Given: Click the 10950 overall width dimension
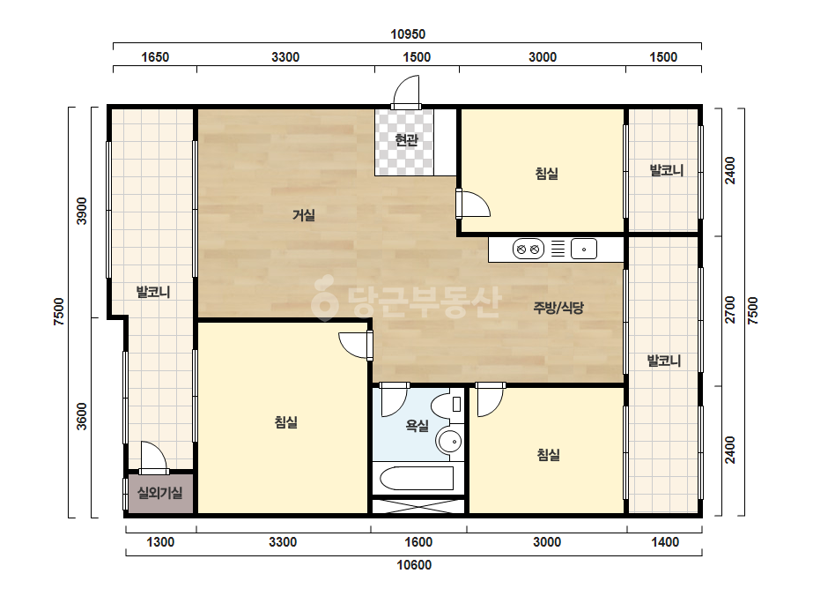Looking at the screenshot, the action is point(408,34).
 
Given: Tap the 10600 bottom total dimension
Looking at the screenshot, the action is point(414,565).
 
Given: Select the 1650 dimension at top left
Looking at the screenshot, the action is point(155,57).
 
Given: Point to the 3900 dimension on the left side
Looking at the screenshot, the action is point(82,211).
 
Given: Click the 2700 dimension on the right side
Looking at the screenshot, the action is point(730,309).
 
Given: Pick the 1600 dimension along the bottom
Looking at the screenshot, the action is point(418,542).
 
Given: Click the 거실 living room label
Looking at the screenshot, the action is point(303,214).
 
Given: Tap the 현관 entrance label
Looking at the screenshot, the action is point(406,139).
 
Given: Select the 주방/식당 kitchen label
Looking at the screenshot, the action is point(558,308).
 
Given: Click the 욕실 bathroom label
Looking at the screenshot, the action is point(417,426).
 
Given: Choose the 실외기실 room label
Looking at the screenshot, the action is point(159,493).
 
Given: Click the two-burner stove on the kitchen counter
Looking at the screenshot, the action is point(528,250).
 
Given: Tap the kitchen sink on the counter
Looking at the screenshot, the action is point(584,250).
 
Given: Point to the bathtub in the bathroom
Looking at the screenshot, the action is point(417,478).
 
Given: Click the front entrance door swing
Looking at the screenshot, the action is point(406,93).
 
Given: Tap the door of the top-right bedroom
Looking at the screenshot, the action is point(473,204).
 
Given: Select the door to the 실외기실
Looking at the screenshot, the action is point(153,458).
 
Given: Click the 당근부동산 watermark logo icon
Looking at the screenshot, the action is point(324,298).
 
